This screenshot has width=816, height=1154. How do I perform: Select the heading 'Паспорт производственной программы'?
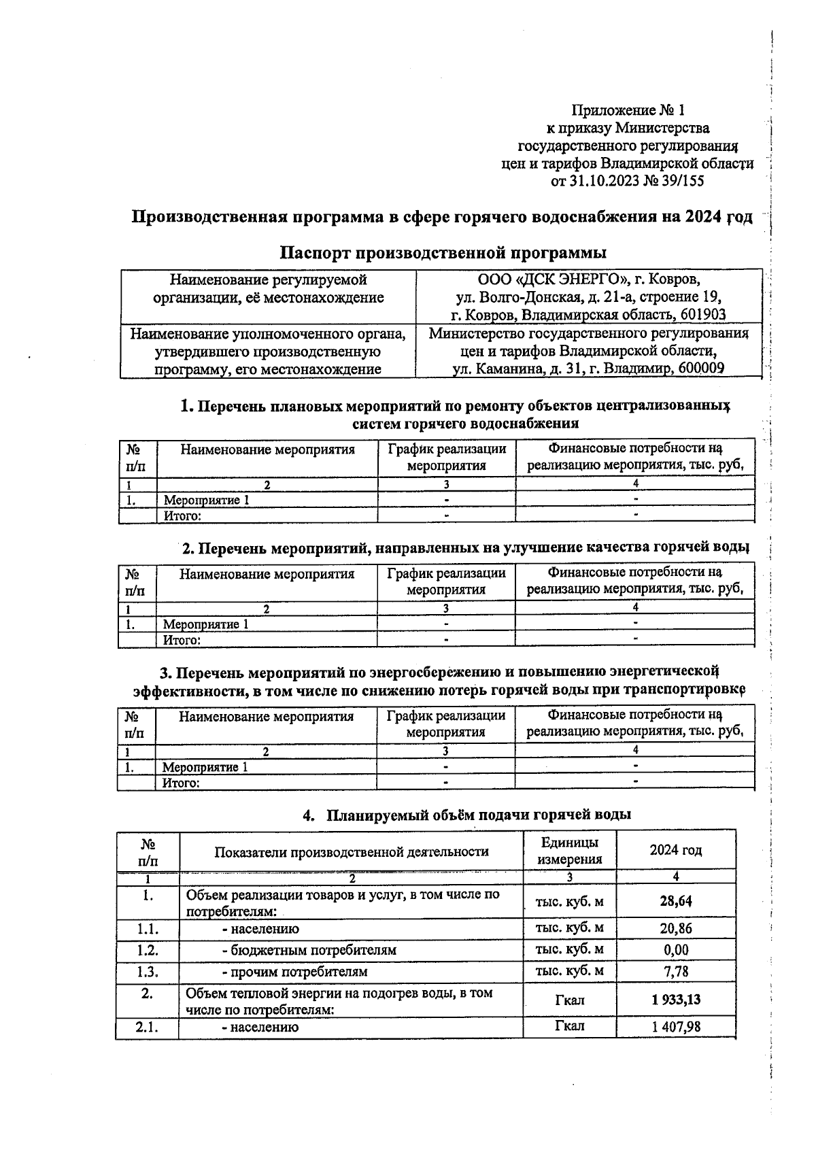point(443,253)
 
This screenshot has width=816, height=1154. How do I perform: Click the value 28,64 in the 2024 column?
point(675,901)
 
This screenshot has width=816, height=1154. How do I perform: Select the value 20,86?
point(675,928)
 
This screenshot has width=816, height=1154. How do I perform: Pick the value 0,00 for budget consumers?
point(675,949)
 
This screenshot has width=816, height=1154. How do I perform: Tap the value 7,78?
point(675,972)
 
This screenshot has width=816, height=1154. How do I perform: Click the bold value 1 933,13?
point(675,1000)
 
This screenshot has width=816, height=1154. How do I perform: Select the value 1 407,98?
point(675,1026)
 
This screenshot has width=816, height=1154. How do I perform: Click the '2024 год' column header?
point(675,850)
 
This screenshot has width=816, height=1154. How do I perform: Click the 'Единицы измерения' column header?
point(569,850)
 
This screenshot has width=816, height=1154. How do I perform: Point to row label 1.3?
point(147,972)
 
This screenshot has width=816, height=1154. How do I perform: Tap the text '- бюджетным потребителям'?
point(309,950)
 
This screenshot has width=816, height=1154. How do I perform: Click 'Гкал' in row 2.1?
point(569,1025)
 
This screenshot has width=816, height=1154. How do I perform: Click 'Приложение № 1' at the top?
point(628,110)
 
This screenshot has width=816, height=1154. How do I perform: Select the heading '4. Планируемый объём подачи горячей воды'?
point(466,814)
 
